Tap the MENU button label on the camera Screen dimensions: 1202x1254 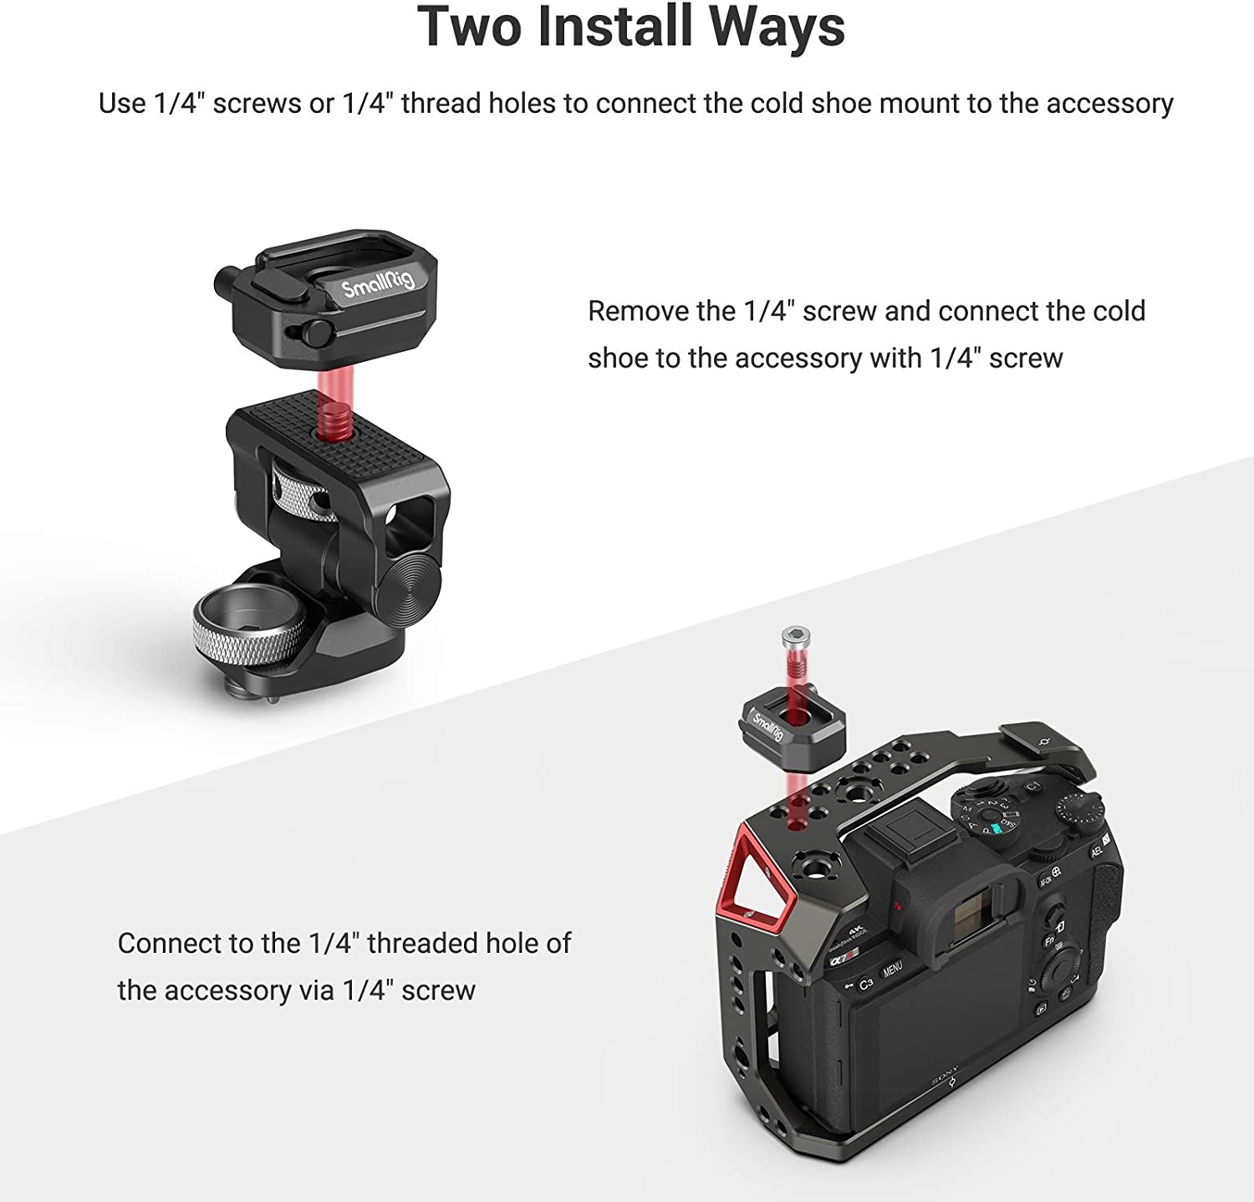[x=893, y=969]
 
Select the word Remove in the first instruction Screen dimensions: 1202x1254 [x=637, y=311]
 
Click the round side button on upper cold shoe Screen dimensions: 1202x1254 [x=315, y=332]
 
